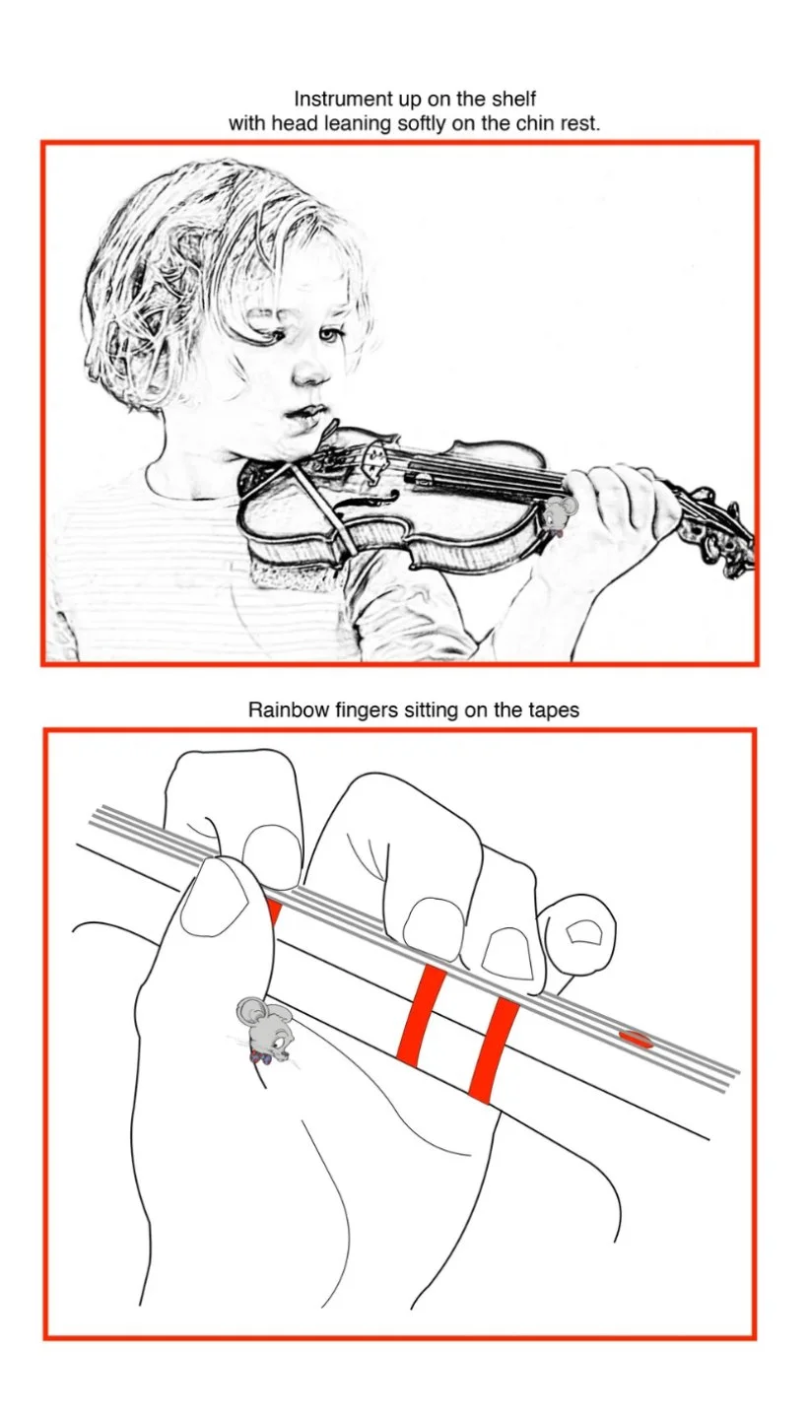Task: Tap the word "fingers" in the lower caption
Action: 368,709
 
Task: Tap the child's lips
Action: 303,415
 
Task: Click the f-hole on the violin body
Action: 361,506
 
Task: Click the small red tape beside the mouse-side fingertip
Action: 274,912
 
